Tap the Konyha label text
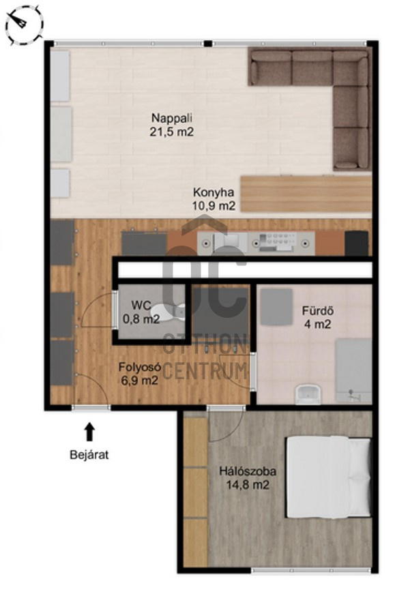click(x=214, y=192)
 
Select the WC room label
click(x=141, y=306)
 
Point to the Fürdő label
click(x=317, y=311)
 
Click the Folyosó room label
click(x=141, y=367)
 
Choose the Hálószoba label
click(x=248, y=472)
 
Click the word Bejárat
click(x=89, y=455)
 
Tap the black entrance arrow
click(x=89, y=432)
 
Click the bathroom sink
click(x=308, y=394)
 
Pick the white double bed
click(x=328, y=477)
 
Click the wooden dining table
click(x=306, y=194)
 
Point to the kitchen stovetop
click(x=276, y=243)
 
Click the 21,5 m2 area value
click(x=172, y=132)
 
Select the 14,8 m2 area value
click(x=248, y=484)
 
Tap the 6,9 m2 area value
click(x=139, y=380)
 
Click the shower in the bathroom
click(x=353, y=370)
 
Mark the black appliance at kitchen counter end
click(x=356, y=243)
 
